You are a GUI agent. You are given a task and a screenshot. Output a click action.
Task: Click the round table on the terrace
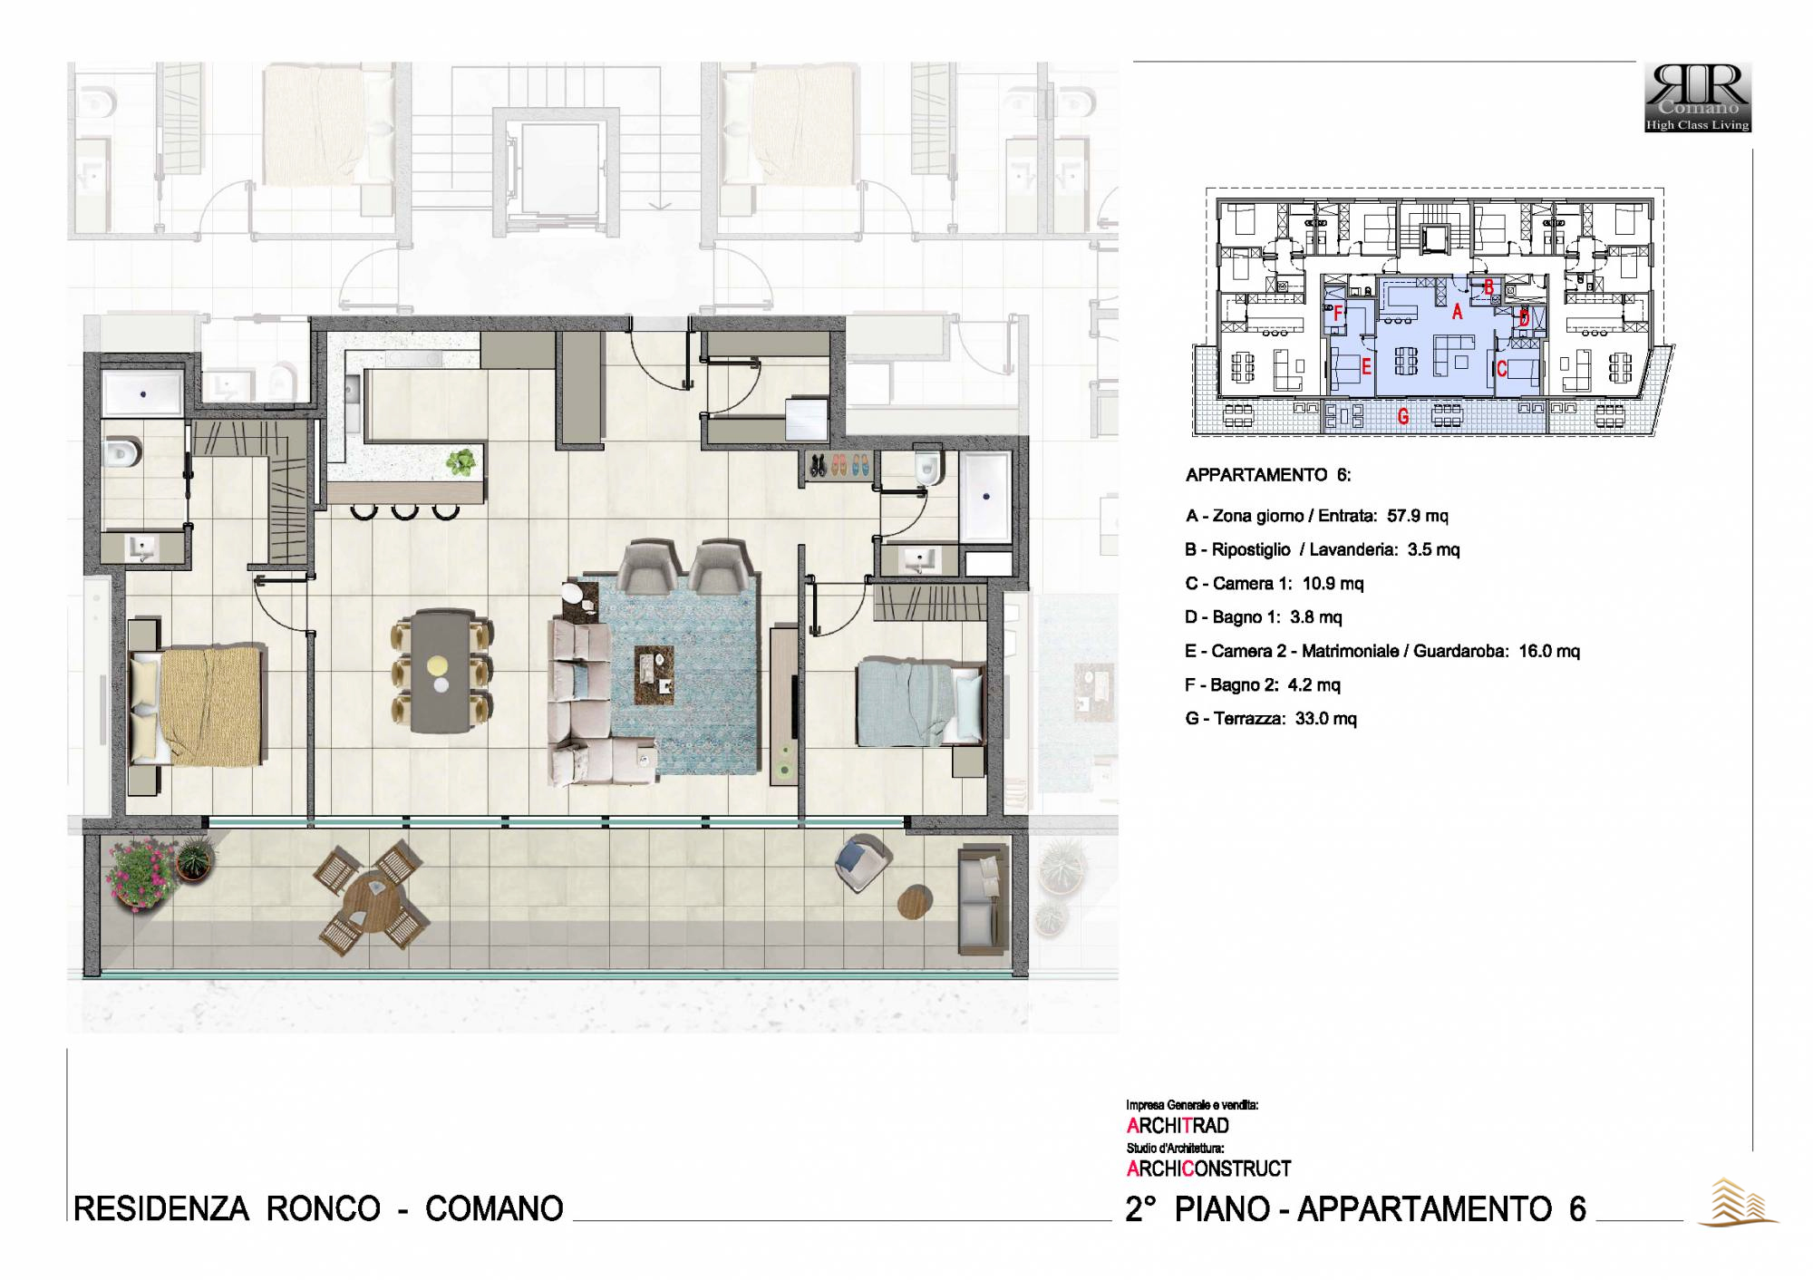point(371,898)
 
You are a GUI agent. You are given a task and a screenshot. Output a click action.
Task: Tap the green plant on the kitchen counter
point(461,462)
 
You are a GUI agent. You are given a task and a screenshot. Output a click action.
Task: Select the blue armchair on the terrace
point(862,864)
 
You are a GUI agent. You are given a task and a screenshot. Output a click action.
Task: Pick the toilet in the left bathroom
point(122,451)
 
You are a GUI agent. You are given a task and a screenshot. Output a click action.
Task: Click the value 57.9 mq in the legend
point(1418,516)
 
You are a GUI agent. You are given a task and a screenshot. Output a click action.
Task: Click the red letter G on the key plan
point(1403,417)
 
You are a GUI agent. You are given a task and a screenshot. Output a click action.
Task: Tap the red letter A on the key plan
point(1458,312)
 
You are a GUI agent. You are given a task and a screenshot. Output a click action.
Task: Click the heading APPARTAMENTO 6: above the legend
point(1268,475)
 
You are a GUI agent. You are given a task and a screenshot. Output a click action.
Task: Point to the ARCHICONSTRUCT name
point(1209,1169)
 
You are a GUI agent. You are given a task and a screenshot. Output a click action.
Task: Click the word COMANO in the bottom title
point(494,1208)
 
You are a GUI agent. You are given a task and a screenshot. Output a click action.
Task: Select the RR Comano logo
point(1698,97)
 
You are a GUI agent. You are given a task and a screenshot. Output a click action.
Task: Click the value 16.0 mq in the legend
point(1549,651)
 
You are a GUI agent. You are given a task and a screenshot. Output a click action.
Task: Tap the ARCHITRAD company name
point(1178,1126)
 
